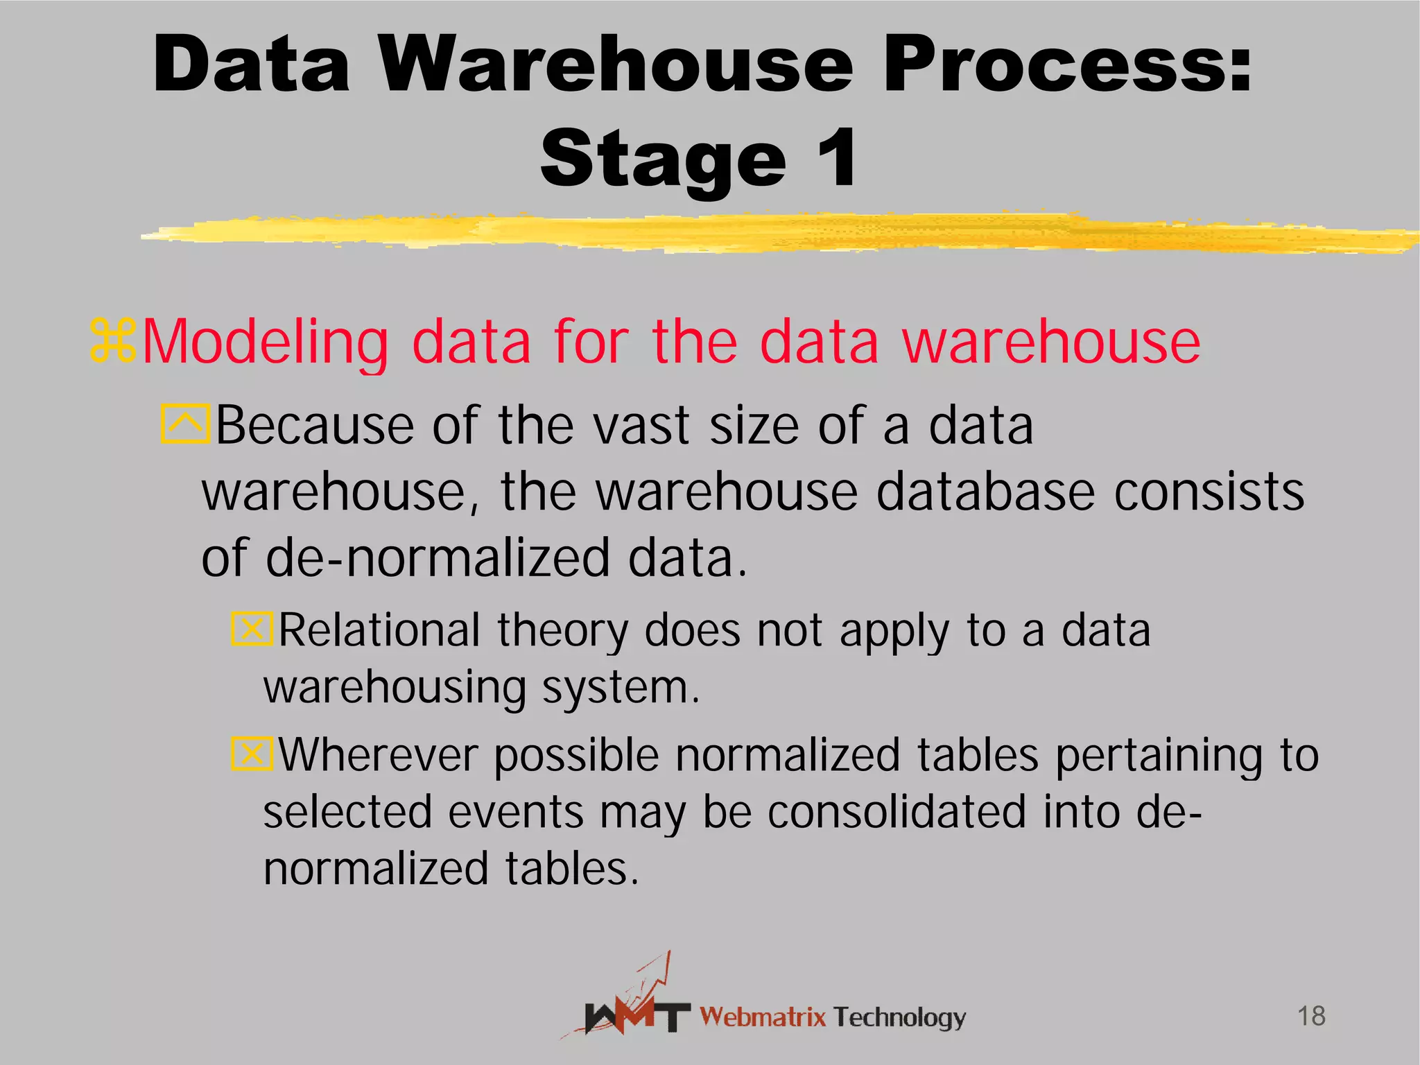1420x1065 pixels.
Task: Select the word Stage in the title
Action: tap(664, 159)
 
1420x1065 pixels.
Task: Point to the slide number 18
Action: tap(1311, 1016)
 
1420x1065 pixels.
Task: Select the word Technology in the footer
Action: tap(899, 1017)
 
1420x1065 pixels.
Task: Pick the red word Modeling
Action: tap(265, 343)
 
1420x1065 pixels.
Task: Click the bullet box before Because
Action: tap(184, 424)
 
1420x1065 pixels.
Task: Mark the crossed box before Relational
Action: tap(251, 629)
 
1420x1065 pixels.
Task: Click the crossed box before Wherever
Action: tap(251, 754)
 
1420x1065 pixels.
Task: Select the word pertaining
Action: tap(1152, 755)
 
